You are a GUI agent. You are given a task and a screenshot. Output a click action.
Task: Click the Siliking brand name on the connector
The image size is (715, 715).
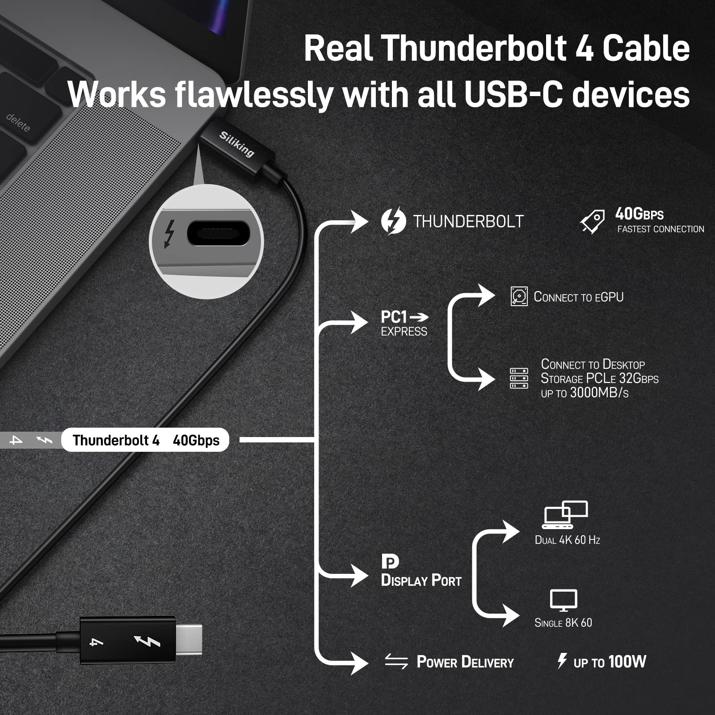236,144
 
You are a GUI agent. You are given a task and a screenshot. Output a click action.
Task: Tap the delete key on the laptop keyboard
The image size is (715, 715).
18,122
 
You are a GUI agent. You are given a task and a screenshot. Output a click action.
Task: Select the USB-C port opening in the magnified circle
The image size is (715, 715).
217,233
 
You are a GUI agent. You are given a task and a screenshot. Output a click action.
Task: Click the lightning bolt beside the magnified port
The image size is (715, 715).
169,233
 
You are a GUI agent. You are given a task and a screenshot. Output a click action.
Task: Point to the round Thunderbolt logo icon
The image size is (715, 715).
393,221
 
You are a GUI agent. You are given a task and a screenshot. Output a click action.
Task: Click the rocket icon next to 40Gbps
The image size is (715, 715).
593,221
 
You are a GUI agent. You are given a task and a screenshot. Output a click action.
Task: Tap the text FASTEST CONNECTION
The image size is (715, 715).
660,229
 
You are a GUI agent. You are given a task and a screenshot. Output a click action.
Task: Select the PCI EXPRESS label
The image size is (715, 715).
404,323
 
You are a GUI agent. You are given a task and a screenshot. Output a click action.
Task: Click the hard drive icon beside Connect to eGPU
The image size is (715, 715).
519,297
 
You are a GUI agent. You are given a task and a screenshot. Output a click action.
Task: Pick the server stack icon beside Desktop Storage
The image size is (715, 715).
519,379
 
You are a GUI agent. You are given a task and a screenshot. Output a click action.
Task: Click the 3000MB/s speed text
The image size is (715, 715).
599,393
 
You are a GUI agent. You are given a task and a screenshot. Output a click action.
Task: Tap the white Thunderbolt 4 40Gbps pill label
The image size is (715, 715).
146,440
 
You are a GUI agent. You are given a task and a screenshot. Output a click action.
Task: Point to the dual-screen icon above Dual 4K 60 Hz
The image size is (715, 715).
565,514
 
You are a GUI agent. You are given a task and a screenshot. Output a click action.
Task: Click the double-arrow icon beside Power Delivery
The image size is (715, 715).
396,661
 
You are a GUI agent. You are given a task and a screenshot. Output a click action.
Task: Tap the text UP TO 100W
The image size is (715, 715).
610,662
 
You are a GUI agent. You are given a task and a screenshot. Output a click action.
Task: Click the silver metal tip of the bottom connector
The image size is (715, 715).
189,640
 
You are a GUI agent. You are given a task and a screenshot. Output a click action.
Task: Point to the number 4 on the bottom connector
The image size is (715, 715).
97,642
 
